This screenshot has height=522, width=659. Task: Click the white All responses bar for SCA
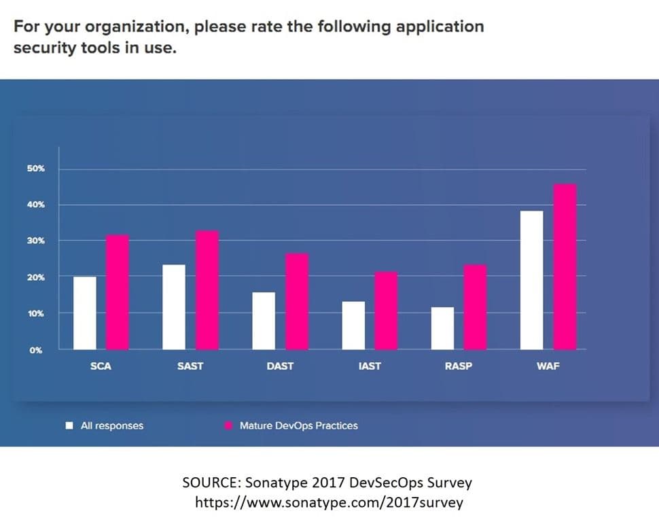(85, 313)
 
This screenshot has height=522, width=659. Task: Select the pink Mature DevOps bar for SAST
(207, 290)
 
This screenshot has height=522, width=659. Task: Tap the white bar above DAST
(264, 320)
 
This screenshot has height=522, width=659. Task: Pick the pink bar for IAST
(386, 310)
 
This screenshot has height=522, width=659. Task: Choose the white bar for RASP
(442, 328)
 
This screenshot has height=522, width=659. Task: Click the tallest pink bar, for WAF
(565, 266)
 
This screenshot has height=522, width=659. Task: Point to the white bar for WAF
(532, 280)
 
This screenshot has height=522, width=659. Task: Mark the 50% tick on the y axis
(36, 169)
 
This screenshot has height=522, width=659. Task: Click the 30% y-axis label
(36, 241)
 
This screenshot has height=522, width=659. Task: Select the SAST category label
(190, 366)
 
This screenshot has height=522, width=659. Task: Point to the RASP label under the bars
(459, 366)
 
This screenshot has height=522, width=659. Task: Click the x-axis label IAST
(370, 366)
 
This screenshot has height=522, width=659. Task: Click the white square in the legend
(69, 426)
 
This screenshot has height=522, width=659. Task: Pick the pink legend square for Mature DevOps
(228, 426)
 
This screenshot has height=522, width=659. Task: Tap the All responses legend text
(112, 426)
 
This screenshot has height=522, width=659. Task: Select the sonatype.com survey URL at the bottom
(329, 503)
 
